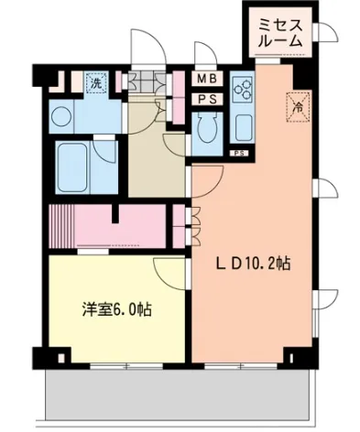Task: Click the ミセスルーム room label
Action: pyautogui.click(x=280, y=33)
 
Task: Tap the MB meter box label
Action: pyautogui.click(x=207, y=79)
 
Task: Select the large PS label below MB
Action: pyautogui.click(x=207, y=99)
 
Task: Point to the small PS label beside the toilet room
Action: pyautogui.click(x=239, y=154)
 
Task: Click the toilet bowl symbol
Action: pyautogui.click(x=207, y=127)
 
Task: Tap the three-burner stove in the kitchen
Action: pyautogui.click(x=242, y=89)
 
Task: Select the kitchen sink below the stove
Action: pyautogui.click(x=243, y=127)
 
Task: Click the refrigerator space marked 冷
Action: pyautogui.click(x=298, y=107)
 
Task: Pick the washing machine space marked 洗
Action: pyautogui.click(x=96, y=82)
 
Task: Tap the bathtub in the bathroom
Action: pyautogui.click(x=72, y=167)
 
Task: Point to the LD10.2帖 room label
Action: pyautogui.click(x=254, y=264)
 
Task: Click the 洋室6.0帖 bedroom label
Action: pyautogui.click(x=117, y=309)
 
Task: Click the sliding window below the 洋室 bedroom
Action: pyautogui.click(x=126, y=366)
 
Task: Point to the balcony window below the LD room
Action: pyautogui.click(x=241, y=366)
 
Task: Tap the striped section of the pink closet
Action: pyautogui.click(x=61, y=226)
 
